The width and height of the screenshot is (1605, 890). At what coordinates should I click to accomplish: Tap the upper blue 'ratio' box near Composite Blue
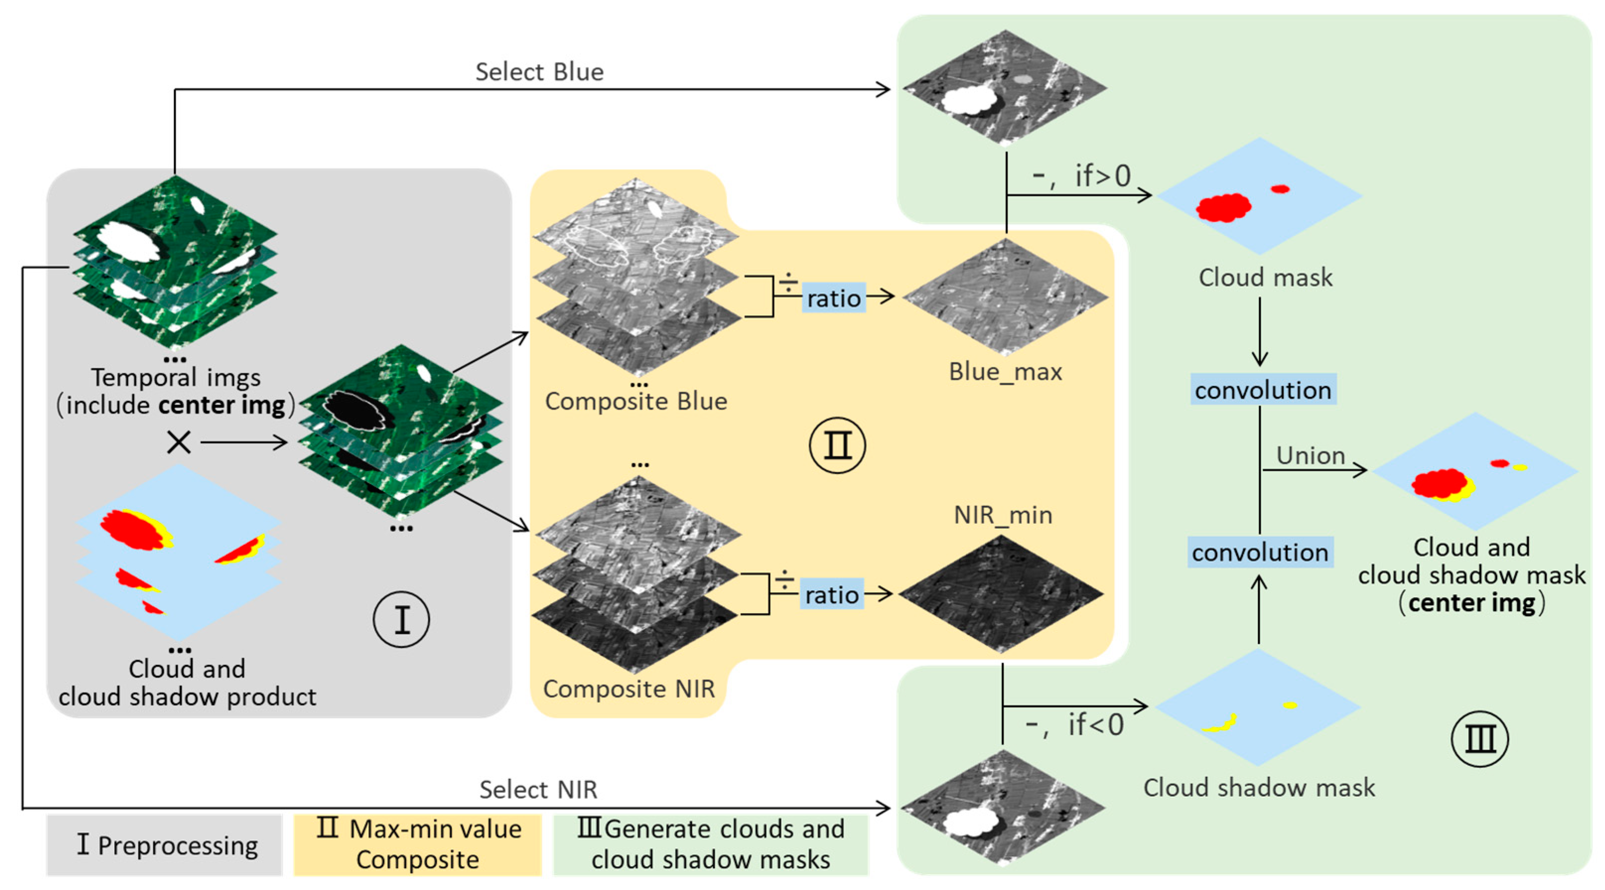tap(833, 298)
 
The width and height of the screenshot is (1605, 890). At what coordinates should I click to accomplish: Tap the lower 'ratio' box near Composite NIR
tap(831, 594)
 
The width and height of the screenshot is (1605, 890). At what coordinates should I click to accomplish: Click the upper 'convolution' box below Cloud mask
tap(1263, 389)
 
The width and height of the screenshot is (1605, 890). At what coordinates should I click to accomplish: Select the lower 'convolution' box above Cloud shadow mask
tap(1260, 552)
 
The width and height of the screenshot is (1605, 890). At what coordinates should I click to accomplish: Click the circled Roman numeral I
tap(401, 619)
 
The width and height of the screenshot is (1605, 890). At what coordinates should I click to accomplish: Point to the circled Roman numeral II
tap(837, 445)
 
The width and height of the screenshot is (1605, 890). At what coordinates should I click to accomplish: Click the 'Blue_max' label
tap(1004, 371)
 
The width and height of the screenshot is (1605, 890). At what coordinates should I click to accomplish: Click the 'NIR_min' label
tap(1003, 514)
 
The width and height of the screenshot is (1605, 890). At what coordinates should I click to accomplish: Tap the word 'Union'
tap(1310, 455)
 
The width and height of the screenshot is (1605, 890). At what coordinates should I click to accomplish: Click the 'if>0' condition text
tap(1102, 176)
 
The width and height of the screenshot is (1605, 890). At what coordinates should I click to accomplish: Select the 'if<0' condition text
tap(1095, 724)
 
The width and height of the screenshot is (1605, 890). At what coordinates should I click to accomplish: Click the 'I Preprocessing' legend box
tap(164, 845)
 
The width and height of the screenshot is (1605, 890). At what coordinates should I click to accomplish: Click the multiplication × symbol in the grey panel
tap(179, 442)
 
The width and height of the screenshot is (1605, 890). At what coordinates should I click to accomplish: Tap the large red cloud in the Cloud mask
tap(1222, 207)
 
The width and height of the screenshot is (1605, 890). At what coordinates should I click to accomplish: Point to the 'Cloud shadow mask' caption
tap(1259, 787)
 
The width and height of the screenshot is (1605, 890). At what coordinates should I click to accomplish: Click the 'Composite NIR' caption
tap(629, 688)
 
